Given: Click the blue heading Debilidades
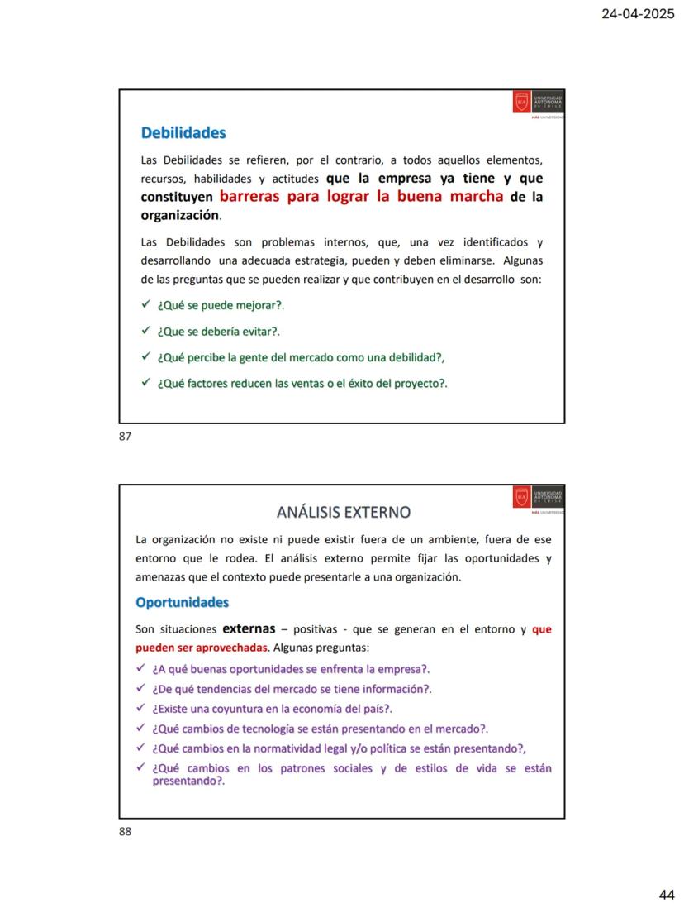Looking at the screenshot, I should (x=183, y=132).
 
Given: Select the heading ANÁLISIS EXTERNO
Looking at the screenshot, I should (x=344, y=512).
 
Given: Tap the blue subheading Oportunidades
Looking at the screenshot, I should (x=182, y=602).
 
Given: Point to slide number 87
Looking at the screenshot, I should (x=126, y=436).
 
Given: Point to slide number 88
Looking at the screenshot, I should (x=126, y=831).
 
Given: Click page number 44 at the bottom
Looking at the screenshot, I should (x=667, y=894).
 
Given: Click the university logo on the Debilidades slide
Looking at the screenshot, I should (x=539, y=102).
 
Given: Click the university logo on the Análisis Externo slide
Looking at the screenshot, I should (x=539, y=497).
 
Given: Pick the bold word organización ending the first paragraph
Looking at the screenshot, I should (x=180, y=215).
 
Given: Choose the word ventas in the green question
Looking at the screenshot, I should (x=313, y=383).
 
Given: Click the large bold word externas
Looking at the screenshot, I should (x=249, y=629).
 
